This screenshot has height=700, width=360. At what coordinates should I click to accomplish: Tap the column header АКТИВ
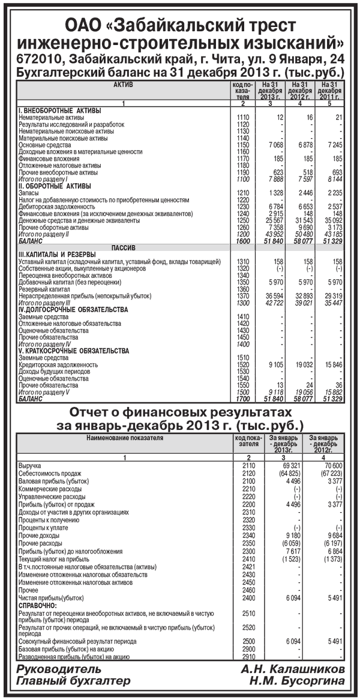click(x=123, y=85)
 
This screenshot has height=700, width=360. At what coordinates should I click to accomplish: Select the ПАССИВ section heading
click(x=123, y=247)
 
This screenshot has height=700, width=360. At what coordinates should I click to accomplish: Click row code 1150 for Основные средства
click(x=242, y=145)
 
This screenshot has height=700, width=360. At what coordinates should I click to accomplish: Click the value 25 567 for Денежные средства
click(x=271, y=220)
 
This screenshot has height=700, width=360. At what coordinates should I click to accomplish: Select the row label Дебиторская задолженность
click(x=52, y=205)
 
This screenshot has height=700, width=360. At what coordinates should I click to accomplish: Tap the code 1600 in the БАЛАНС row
click(x=242, y=241)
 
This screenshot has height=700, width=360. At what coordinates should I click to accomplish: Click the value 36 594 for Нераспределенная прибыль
click(x=271, y=297)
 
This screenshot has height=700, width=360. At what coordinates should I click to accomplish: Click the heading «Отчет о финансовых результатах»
click(x=180, y=413)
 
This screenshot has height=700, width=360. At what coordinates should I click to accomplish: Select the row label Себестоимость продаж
click(x=49, y=473)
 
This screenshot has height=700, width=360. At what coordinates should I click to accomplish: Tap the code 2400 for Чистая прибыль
click(x=248, y=598)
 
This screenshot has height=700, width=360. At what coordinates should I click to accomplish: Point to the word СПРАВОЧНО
click(x=40, y=606)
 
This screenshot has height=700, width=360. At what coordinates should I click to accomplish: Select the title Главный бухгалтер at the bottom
click(x=73, y=681)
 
